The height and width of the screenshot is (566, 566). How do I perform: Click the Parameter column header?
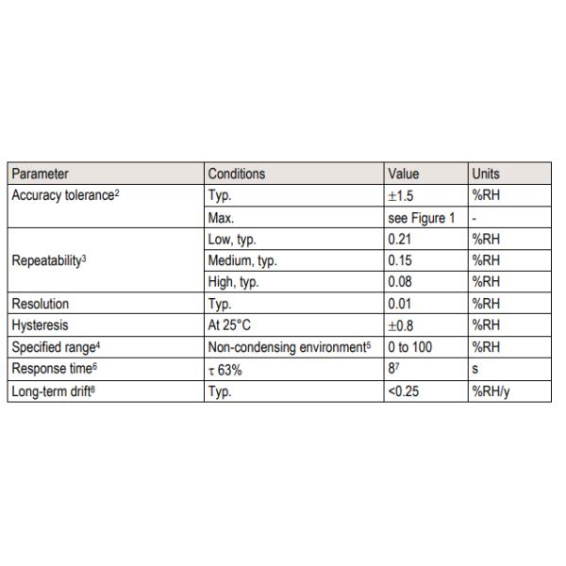(40, 174)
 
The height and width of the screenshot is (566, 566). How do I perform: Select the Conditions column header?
(237, 174)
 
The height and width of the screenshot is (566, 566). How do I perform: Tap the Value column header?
(403, 174)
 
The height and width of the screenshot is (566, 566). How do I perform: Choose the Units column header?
(486, 174)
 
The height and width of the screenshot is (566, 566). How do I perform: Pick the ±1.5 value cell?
(403, 195)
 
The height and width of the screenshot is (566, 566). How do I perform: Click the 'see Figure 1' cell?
(421, 217)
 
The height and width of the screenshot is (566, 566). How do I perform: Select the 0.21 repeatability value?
(401, 239)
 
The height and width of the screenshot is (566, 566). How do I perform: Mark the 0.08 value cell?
(401, 282)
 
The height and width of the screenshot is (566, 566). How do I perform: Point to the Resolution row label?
(42, 304)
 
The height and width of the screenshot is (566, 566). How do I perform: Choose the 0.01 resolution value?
(401, 304)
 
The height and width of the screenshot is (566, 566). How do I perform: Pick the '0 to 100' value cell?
(410, 347)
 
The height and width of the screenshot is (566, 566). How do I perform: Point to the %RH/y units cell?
(491, 391)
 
